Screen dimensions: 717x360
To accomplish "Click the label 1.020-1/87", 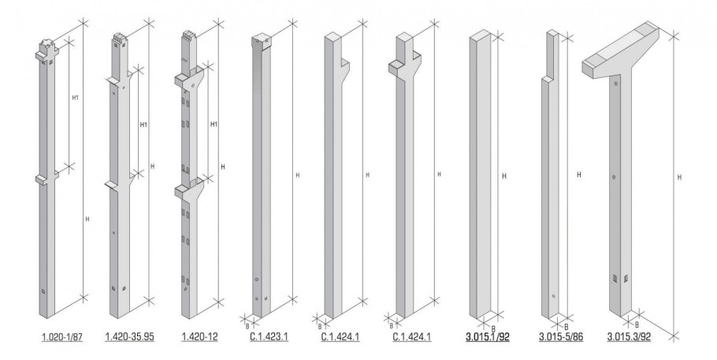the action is [x=61, y=337].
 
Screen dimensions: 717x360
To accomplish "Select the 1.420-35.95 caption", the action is [x=129, y=337].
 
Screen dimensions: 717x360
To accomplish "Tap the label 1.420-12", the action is [x=200, y=337].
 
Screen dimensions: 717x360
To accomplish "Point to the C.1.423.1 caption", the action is [x=269, y=337].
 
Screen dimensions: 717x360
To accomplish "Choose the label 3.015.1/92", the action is [x=488, y=337].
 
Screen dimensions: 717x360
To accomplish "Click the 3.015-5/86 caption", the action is [x=561, y=337].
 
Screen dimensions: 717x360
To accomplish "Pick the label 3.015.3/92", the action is [x=629, y=337].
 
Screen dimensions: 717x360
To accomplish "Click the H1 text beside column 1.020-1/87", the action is [x=76, y=98].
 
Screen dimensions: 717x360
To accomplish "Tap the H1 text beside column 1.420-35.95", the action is [x=143, y=124].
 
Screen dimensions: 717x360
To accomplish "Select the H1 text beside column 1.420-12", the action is [x=214, y=124].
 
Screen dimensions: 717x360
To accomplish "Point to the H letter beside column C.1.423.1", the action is [x=298, y=175].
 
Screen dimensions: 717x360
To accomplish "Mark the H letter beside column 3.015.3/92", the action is [x=679, y=177].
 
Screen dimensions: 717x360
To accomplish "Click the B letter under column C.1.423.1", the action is [x=248, y=326].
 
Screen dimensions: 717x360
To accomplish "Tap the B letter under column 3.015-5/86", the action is [x=566, y=327].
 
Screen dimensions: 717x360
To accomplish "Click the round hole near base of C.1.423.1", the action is [x=257, y=280].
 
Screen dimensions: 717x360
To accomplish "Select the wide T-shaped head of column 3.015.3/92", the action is [x=621, y=50].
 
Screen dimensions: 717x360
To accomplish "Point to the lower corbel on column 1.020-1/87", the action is [x=46, y=178].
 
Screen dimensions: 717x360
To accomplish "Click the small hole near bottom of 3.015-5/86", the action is [x=553, y=296].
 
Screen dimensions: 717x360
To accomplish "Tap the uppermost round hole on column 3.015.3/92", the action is [x=616, y=84].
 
